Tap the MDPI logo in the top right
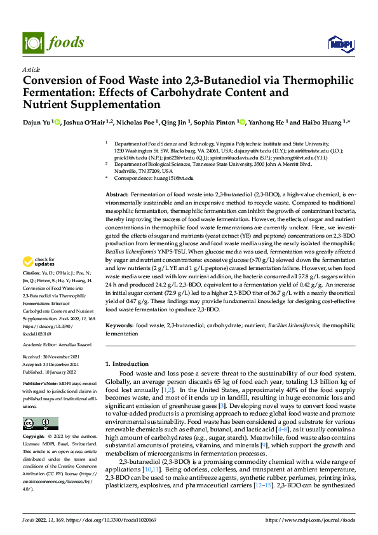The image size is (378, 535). [x=337, y=43]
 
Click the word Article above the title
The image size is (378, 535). [x=31, y=69]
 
